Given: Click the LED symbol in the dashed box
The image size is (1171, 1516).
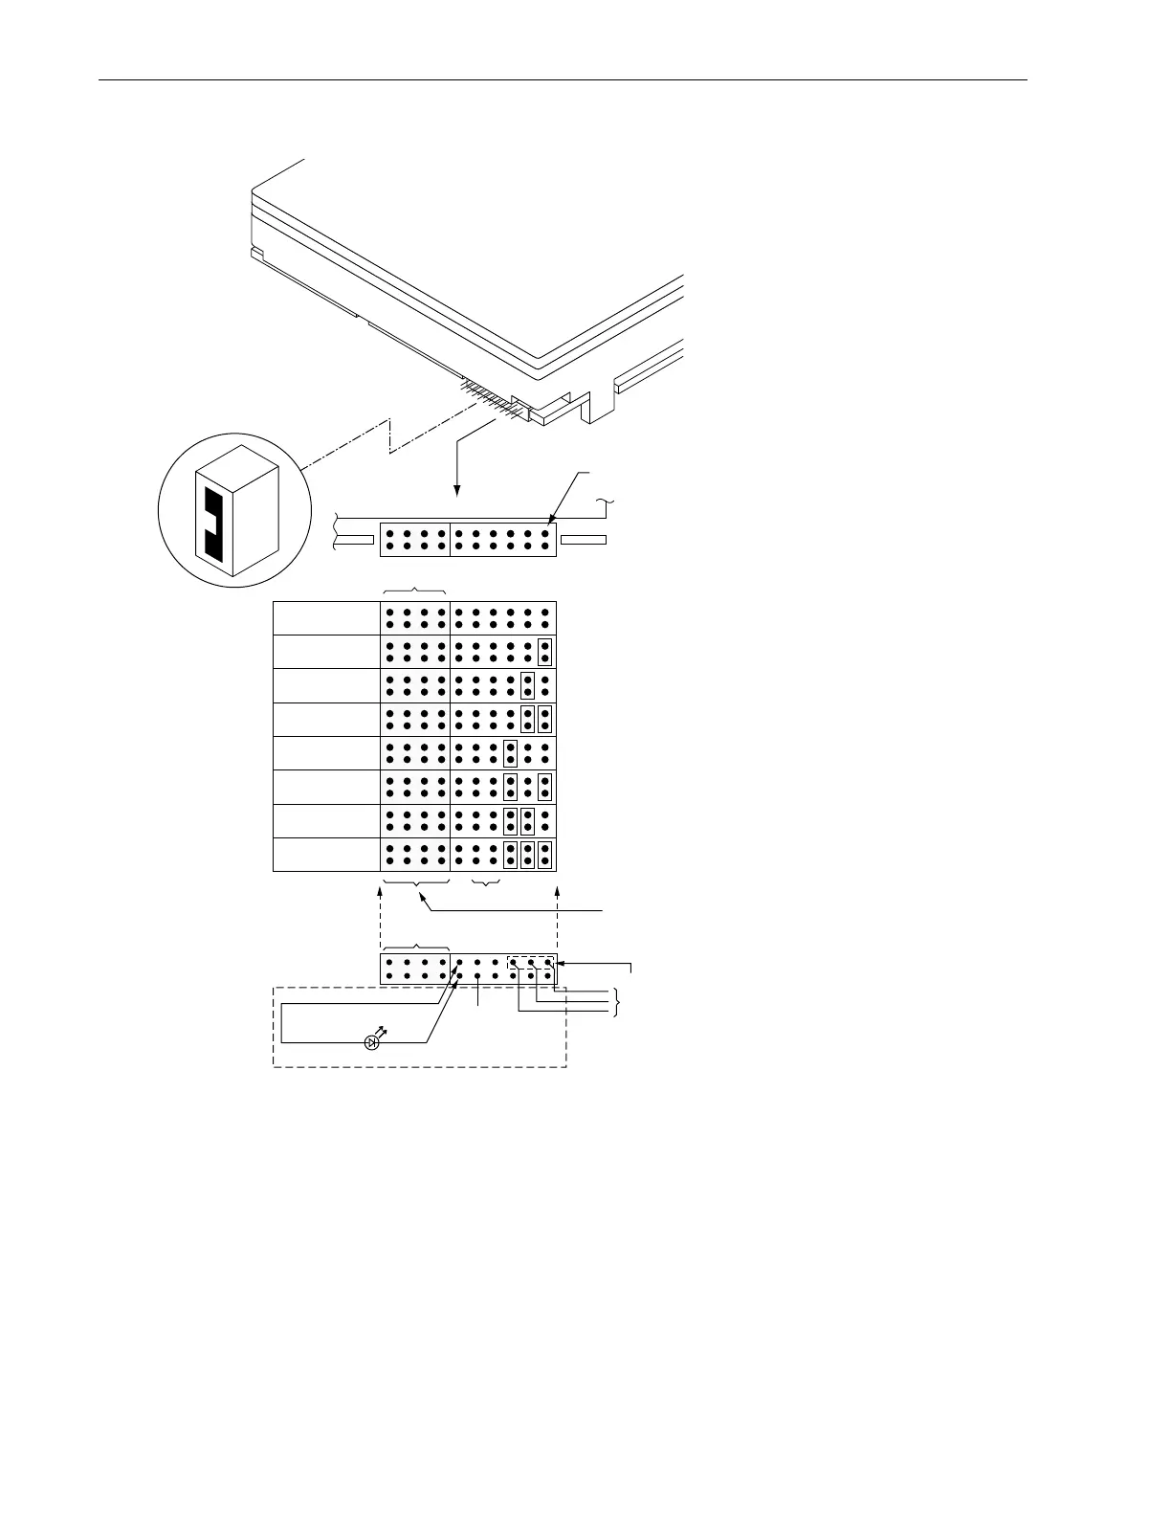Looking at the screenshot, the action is [x=373, y=1042].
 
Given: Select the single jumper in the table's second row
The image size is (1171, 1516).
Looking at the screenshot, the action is [x=544, y=652].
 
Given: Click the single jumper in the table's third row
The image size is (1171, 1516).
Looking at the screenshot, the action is [x=527, y=685].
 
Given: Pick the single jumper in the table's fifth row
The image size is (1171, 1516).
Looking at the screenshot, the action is [x=510, y=753].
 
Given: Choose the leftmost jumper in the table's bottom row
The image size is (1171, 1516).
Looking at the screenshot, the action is [x=510, y=855].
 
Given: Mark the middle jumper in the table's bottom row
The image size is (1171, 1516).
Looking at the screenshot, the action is [x=527, y=855].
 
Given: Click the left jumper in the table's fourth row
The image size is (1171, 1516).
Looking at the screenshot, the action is [x=527, y=719].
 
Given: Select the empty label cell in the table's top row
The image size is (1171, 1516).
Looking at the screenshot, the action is [x=326, y=617].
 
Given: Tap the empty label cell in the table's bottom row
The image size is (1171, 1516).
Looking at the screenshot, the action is [x=326, y=855].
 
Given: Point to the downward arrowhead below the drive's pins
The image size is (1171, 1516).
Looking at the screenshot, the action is [x=457, y=492].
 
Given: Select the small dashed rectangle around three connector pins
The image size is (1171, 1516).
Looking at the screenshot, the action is [x=531, y=962].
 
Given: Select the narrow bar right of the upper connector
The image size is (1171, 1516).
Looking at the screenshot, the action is [x=583, y=540].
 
